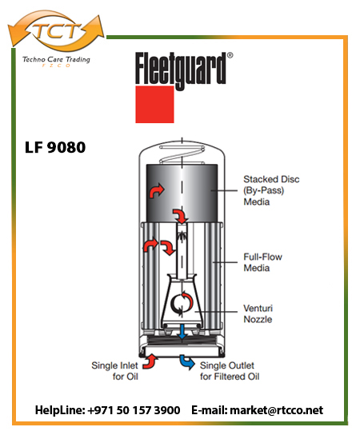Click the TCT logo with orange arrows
pos(56,30)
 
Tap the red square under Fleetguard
pos(154,104)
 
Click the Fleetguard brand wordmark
pos(181,71)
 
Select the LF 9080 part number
pos(55,147)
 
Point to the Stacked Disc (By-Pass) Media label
pos(271,190)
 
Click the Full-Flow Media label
pos(262,262)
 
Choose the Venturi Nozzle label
pos(258,313)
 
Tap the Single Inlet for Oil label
pos(115,371)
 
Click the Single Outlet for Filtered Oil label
pos(230,371)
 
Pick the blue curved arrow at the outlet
pos(187,362)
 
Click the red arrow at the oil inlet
pos(150,361)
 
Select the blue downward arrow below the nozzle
pos(182,332)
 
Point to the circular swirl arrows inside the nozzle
pos(182,303)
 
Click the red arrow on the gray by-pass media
pos(156,190)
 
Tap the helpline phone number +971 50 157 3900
pos(134,410)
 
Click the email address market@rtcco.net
pos(276,410)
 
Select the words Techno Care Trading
pos(56,59)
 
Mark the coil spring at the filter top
pos(182,154)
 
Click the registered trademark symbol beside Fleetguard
pos(230,55)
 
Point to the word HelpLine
pos(60,410)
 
